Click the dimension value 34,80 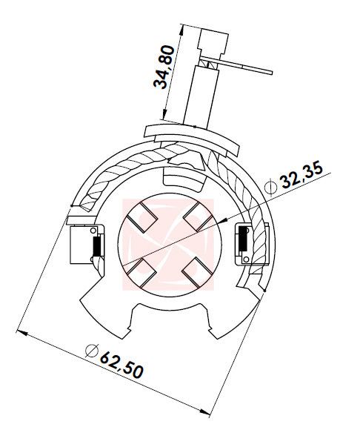(x=164, y=66)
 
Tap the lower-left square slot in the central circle (x=139, y=272)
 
